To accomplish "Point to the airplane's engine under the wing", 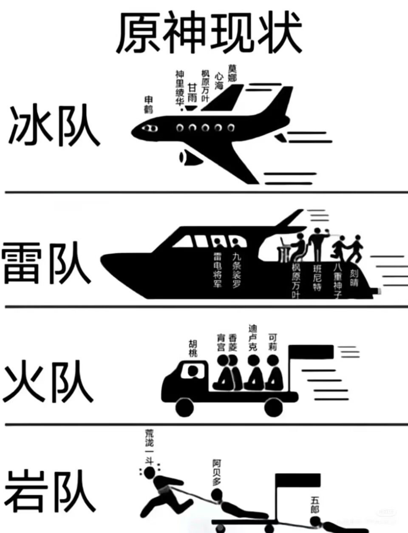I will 187,157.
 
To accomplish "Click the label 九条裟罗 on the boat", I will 236,270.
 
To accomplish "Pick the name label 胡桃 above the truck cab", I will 193,348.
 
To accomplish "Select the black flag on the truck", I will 312,352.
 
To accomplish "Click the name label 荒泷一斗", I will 150,446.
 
